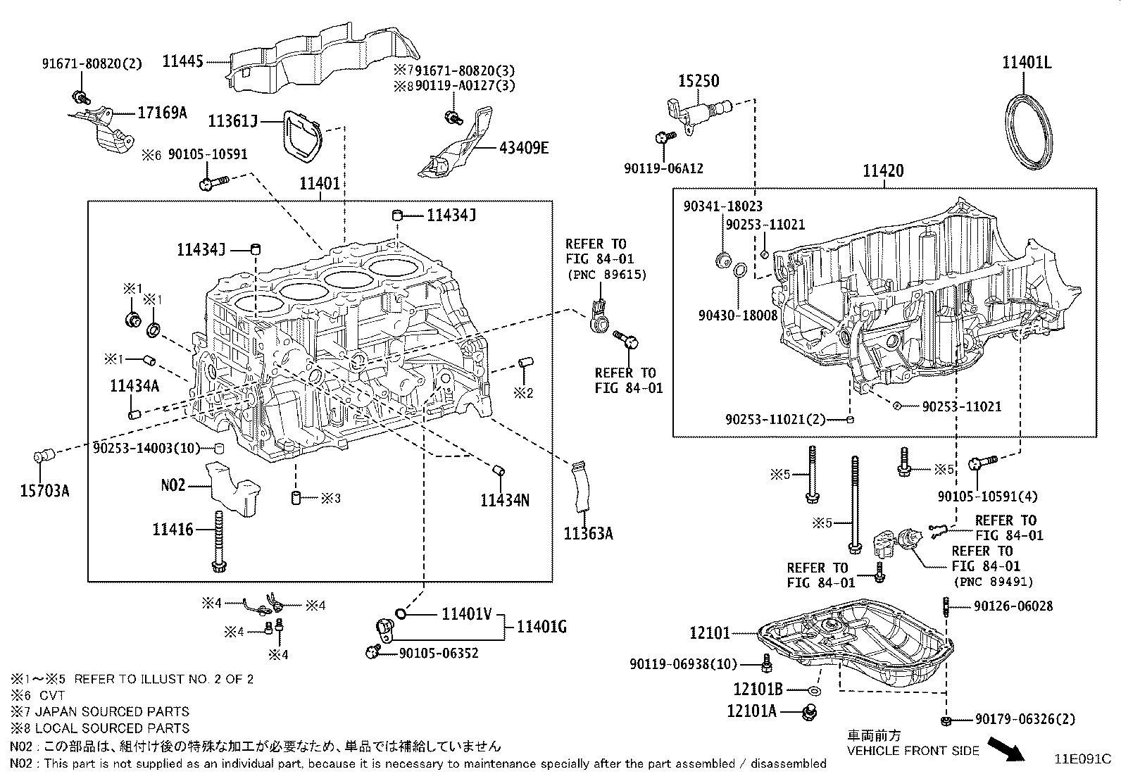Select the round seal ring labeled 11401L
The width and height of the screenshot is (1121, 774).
pyautogui.click(x=1028, y=133)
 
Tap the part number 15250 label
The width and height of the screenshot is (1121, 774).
pyautogui.click(x=699, y=81)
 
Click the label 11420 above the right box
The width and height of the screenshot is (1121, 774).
pyautogui.click(x=884, y=171)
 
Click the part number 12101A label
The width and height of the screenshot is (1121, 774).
pyautogui.click(x=751, y=711)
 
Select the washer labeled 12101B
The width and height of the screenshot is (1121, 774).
pyautogui.click(x=814, y=690)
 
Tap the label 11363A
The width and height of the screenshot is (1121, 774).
pyautogui.click(x=588, y=534)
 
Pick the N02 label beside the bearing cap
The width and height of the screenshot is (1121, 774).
pyautogui.click(x=173, y=485)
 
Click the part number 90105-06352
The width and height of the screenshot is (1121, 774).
pyautogui.click(x=438, y=653)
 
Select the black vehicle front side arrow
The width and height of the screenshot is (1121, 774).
pyautogui.click(x=1006, y=748)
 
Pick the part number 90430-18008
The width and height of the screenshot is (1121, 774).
pyautogui.click(x=738, y=316)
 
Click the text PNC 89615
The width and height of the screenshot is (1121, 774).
pyautogui.click(x=606, y=274)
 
